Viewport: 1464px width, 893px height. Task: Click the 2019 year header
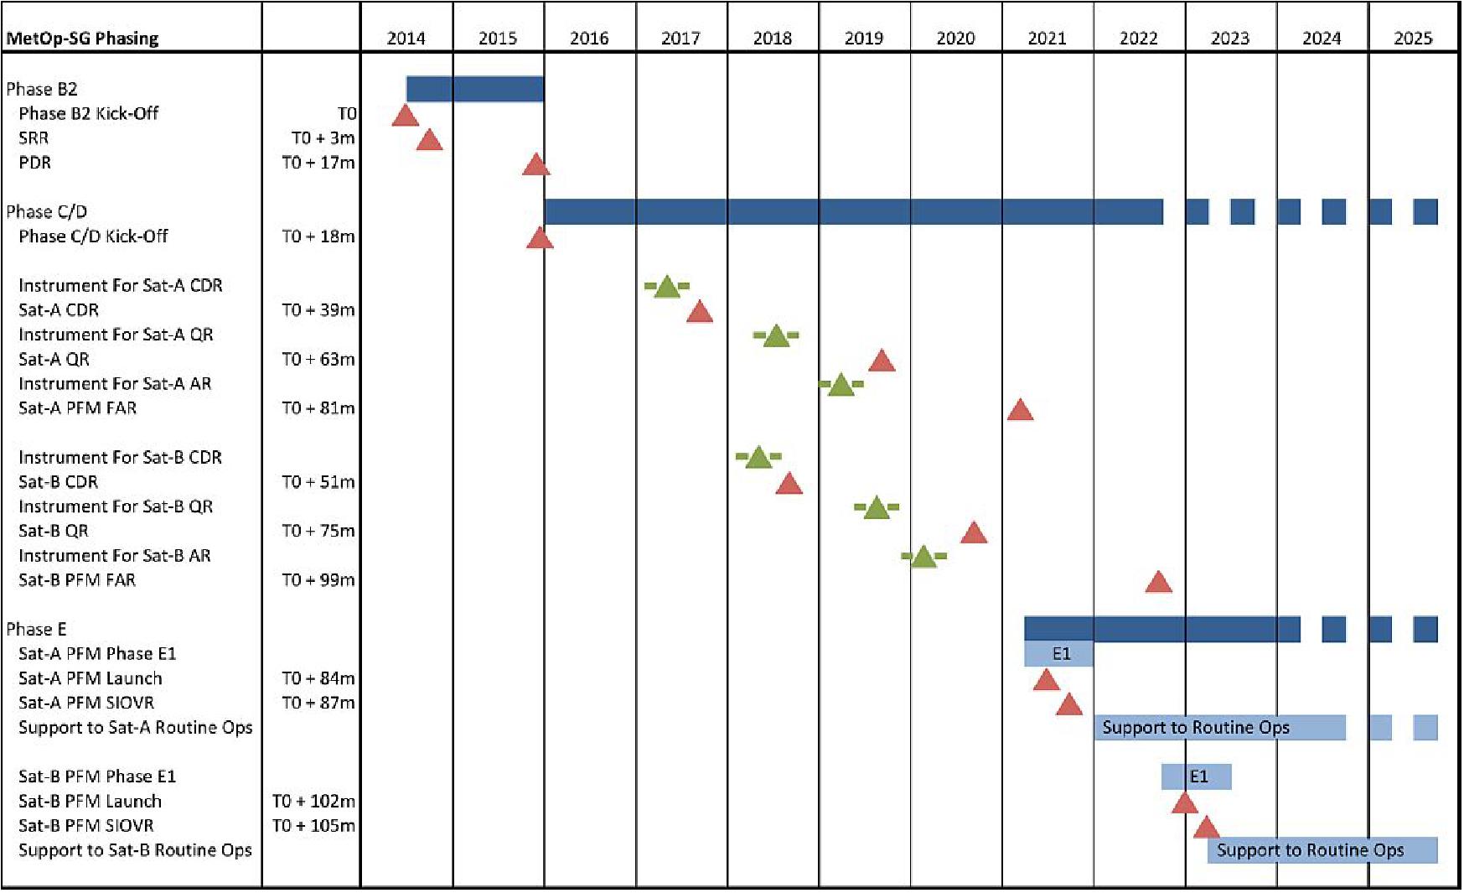pyautogui.click(x=863, y=38)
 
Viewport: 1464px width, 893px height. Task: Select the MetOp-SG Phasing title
pyautogui.click(x=82, y=38)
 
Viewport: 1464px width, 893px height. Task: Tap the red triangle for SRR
pyautogui.click(x=429, y=141)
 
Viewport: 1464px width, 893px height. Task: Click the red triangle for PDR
pyautogui.click(x=535, y=165)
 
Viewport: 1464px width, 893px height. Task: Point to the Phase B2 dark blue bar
pyautogui.click(x=475, y=89)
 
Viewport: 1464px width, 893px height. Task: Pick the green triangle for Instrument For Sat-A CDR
pyautogui.click(x=666, y=288)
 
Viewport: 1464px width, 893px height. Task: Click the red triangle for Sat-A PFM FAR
pyautogui.click(x=1020, y=411)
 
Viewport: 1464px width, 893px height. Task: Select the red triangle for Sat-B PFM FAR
pyautogui.click(x=1158, y=583)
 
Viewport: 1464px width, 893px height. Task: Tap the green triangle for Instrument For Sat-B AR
pyautogui.click(x=923, y=558)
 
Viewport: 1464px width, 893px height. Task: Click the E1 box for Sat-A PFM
pyautogui.click(x=1059, y=653)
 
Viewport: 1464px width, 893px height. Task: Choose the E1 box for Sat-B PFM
pyautogui.click(x=1197, y=776)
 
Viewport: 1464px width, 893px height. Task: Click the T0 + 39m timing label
pyautogui.click(x=318, y=310)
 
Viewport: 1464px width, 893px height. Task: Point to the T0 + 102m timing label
pyautogui.click(x=313, y=802)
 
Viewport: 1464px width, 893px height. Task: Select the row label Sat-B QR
pyautogui.click(x=54, y=531)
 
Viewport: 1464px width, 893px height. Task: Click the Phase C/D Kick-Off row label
pyautogui.click(x=93, y=236)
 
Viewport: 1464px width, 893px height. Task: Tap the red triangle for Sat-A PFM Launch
pyautogui.click(x=1046, y=681)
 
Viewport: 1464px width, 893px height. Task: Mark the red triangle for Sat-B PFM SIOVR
pyautogui.click(x=1206, y=828)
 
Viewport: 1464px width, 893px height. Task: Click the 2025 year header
pyautogui.click(x=1413, y=38)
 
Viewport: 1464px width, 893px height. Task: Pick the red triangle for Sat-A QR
pyautogui.click(x=882, y=361)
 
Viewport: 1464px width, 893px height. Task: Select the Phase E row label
pyautogui.click(x=36, y=629)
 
